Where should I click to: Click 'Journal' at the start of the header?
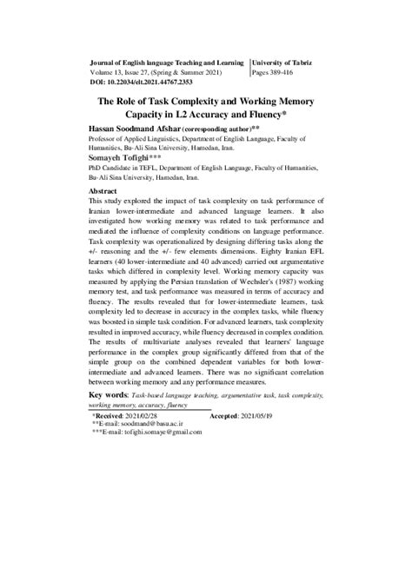[x=105, y=63]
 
